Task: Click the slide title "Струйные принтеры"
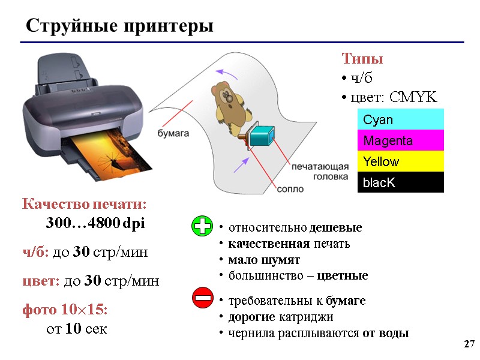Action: (119, 27)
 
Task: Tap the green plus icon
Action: (202, 227)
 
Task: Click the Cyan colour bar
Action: (400, 119)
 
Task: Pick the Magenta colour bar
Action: (400, 140)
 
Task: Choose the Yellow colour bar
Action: (400, 161)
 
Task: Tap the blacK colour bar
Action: (400, 182)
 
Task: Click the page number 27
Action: (469, 344)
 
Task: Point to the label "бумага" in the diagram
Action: (173, 132)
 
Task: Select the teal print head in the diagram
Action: (261, 136)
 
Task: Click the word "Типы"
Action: (362, 59)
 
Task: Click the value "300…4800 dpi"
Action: (95, 224)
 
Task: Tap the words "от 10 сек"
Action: (76, 329)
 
